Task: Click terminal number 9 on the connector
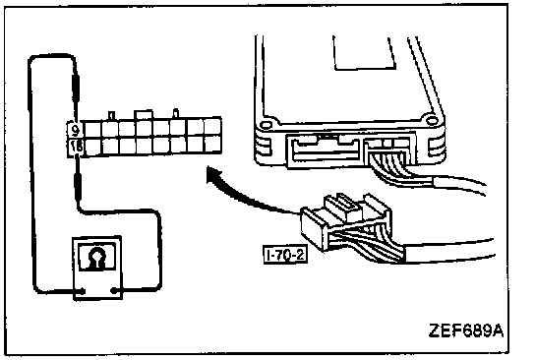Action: point(76,130)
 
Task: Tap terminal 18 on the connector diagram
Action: point(76,147)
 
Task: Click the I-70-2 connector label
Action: point(285,255)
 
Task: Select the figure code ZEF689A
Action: point(466,330)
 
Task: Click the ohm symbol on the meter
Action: point(97,257)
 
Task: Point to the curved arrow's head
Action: point(214,175)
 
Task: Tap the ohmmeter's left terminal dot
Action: point(83,291)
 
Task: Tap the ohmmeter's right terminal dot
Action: point(113,291)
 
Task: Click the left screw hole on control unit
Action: point(266,125)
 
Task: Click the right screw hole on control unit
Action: point(433,120)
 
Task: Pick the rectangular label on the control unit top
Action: point(364,53)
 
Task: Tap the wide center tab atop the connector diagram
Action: point(144,115)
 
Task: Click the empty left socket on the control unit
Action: point(325,150)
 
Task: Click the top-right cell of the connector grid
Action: point(212,126)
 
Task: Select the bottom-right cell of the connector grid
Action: point(212,144)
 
